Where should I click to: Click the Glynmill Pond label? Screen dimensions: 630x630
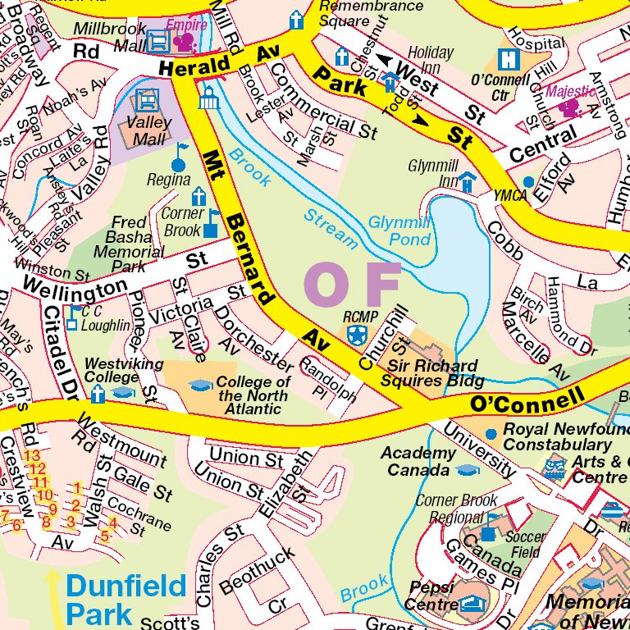399,231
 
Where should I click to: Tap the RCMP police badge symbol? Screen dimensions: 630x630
355,334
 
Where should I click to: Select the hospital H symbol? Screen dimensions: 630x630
509,60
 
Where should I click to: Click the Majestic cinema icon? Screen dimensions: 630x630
568,107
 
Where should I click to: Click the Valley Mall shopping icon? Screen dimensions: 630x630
147,101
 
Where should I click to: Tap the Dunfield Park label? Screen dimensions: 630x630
126,600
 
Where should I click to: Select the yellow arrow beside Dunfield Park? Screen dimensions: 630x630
52,598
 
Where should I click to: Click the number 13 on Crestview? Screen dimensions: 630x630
32,454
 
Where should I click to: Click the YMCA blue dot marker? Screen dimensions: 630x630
529,181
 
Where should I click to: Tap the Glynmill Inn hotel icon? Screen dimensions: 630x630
468,180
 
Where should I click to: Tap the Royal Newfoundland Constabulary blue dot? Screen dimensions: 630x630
491,432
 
